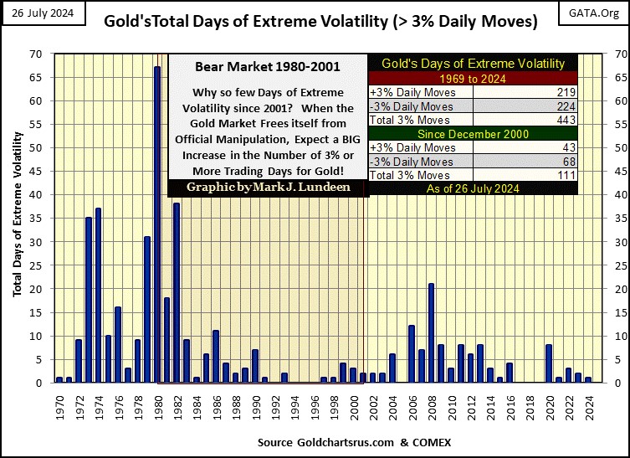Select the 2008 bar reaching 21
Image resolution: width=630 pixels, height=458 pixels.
(x=430, y=333)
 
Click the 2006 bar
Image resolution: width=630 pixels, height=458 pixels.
(x=411, y=354)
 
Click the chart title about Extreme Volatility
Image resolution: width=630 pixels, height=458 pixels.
(x=320, y=23)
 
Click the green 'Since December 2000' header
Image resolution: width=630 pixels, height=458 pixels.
(x=473, y=133)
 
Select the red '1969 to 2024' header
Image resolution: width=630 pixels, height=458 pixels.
(x=473, y=78)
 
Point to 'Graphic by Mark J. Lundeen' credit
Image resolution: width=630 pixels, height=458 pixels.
(x=268, y=188)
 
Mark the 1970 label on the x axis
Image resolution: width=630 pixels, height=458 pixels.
(x=59, y=407)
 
